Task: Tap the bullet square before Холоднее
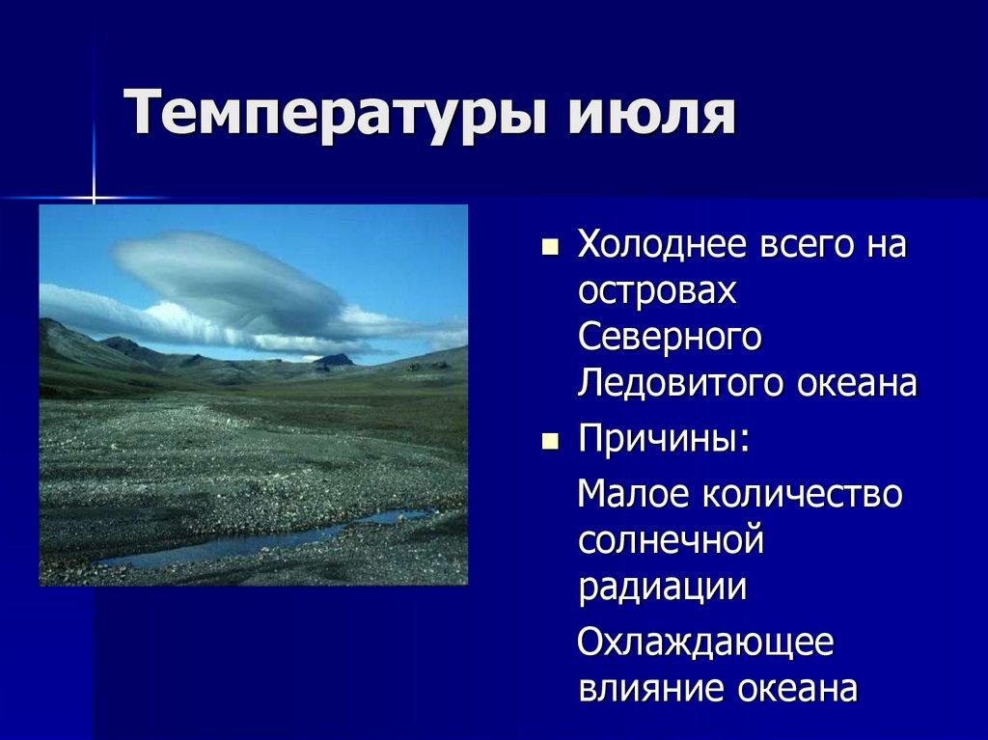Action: (x=550, y=248)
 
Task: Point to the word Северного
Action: (x=670, y=337)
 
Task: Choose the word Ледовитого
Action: (x=679, y=383)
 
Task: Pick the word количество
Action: (x=800, y=494)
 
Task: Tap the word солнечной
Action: (x=672, y=540)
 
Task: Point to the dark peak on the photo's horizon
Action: (x=334, y=360)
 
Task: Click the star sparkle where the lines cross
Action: (x=94, y=199)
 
